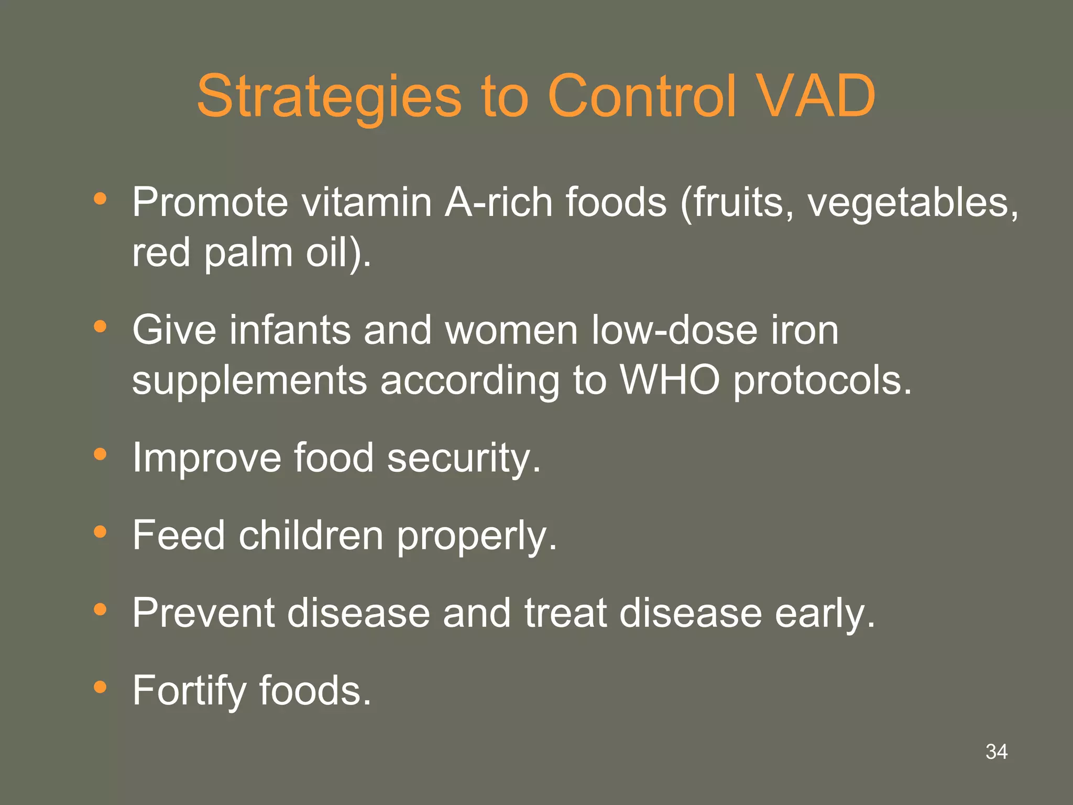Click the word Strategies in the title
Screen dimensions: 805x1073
pyautogui.click(x=329, y=97)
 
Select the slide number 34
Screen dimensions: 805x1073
pyautogui.click(x=996, y=752)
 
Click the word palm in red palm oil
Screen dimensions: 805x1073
pyautogui.click(x=248, y=253)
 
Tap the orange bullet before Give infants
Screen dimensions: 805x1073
pyautogui.click(x=100, y=327)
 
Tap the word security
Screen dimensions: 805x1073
pyautogui.click(x=464, y=458)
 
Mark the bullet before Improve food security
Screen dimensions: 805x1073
pyautogui.click(x=100, y=454)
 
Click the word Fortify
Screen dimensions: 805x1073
pyautogui.click(x=189, y=691)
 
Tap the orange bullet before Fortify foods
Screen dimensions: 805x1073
pyautogui.click(x=100, y=687)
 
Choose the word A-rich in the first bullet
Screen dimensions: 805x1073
pyautogui.click(x=499, y=202)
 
